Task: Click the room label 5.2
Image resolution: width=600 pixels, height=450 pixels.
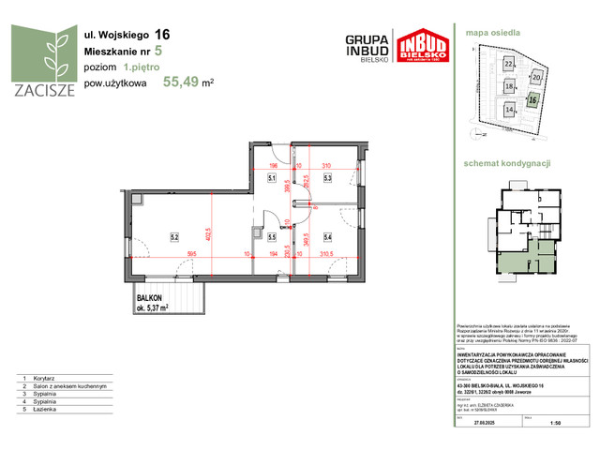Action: click(173, 236)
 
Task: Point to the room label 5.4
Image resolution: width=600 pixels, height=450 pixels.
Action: click(328, 236)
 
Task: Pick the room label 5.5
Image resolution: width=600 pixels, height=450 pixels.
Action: click(272, 236)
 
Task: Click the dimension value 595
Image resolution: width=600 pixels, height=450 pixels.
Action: click(190, 253)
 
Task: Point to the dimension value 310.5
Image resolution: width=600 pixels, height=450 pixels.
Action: click(326, 253)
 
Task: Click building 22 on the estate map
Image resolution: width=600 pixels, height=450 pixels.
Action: click(509, 64)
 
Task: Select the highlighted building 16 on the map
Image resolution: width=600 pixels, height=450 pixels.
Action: click(532, 98)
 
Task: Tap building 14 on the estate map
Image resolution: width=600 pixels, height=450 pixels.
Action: click(509, 109)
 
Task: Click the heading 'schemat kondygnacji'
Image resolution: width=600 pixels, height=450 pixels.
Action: click(514, 163)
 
